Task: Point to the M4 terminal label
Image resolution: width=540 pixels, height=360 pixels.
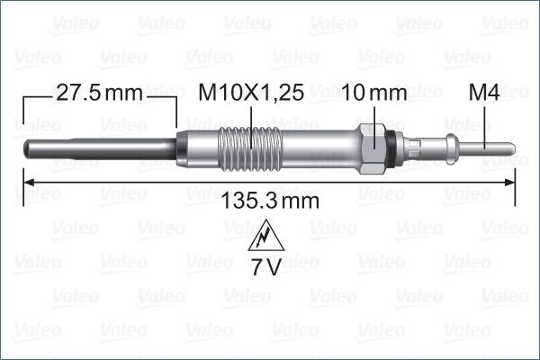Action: pyautogui.click(x=485, y=92)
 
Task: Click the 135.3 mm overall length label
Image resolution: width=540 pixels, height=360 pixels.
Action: pyautogui.click(x=270, y=201)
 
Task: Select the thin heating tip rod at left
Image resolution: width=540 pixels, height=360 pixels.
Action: pyautogui.click(x=90, y=146)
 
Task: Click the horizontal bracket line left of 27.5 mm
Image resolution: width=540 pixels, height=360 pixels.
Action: pyautogui.click(x=36, y=92)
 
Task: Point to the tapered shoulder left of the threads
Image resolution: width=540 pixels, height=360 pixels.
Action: pyautogui.click(x=183, y=146)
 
